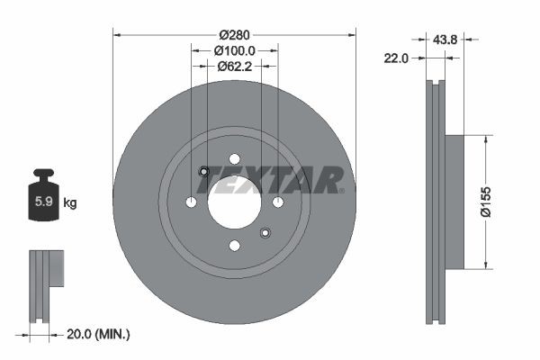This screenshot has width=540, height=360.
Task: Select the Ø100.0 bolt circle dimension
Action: pyautogui.click(x=235, y=50)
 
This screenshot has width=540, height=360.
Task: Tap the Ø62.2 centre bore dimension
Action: pyautogui.click(x=235, y=66)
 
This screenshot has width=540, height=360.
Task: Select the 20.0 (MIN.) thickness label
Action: pyautogui.click(x=99, y=334)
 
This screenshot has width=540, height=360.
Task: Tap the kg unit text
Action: pyautogui.click(x=70, y=203)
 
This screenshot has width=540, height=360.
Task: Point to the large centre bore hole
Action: pyautogui.click(x=234, y=202)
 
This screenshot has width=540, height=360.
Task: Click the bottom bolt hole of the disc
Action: pyautogui.click(x=234, y=246)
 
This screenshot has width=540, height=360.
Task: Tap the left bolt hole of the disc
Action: pyautogui.click(x=191, y=202)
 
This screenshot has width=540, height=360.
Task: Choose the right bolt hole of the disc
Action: pyautogui.click(x=278, y=202)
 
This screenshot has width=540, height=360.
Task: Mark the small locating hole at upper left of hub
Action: pyautogui.click(x=203, y=172)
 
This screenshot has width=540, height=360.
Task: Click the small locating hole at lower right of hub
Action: pyautogui.click(x=265, y=233)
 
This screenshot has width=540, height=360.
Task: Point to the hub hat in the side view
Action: pyautogui.click(x=454, y=202)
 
